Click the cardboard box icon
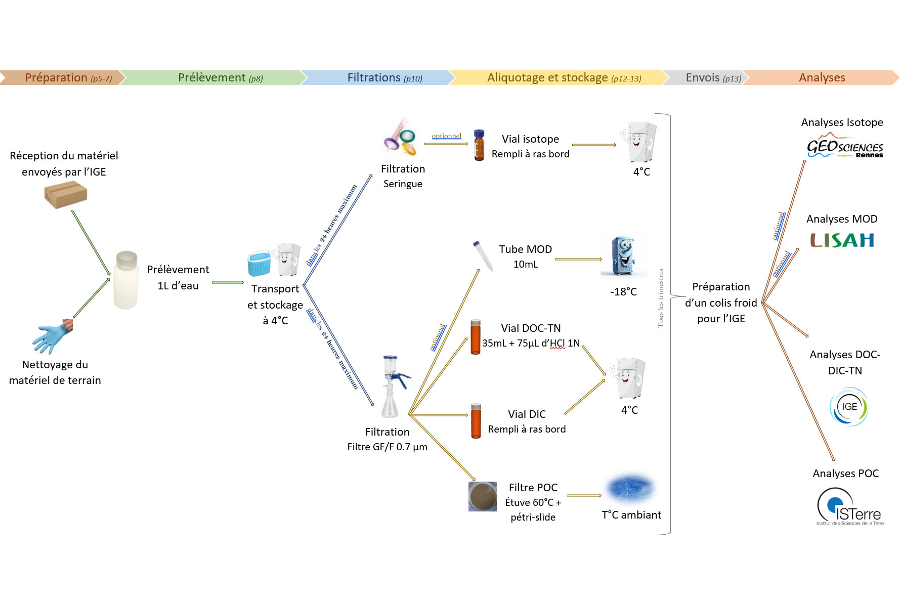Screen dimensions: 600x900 click(66, 194)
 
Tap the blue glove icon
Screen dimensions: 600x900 click(52, 337)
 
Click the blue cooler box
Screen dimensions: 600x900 click(259, 263)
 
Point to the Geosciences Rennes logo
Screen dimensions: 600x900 click(844, 146)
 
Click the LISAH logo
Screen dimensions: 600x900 click(842, 240)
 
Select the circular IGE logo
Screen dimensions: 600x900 click(848, 406)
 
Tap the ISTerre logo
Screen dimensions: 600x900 click(849, 507)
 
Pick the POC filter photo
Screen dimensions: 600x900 click(482, 496)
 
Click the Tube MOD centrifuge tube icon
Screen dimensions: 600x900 click(483, 256)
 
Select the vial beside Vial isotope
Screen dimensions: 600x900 click(479, 145)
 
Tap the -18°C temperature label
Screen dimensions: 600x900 click(623, 292)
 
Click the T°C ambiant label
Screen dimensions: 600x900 click(631, 515)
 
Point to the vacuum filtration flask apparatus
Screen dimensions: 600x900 click(392, 387)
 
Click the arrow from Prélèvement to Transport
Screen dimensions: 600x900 click(228, 282)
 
